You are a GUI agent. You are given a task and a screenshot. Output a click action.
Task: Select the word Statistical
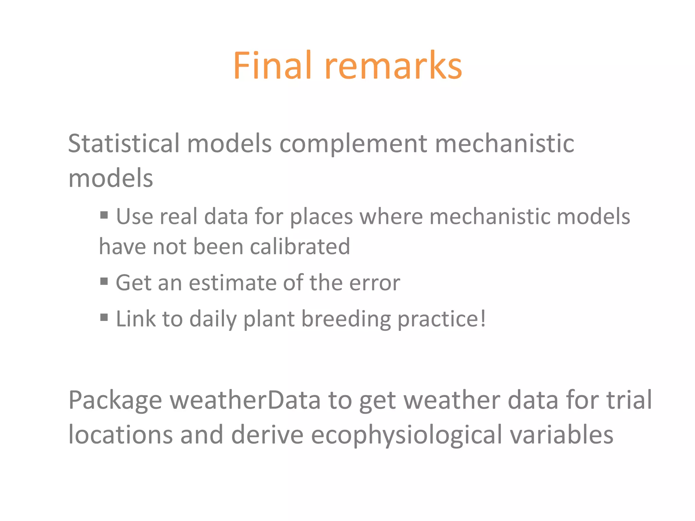tap(124, 143)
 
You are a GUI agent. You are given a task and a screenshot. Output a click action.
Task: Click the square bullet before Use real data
tap(104, 215)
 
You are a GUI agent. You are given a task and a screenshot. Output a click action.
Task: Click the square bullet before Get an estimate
tap(104, 281)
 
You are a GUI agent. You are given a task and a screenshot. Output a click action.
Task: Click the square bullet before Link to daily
tap(104, 317)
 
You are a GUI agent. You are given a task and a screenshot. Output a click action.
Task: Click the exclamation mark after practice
tap(483, 318)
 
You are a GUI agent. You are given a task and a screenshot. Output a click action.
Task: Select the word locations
tap(120, 435)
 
